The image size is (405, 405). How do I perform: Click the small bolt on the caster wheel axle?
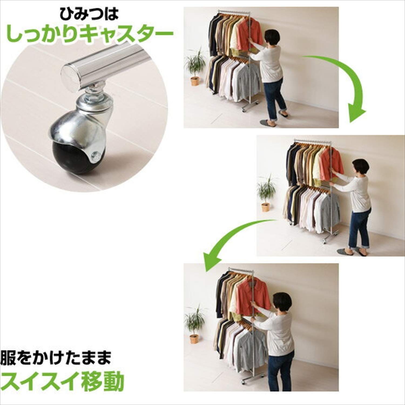[96, 156]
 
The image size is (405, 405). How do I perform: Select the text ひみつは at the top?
[89, 14]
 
